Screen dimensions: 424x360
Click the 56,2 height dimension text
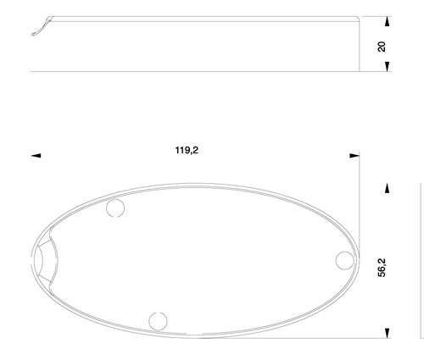382,268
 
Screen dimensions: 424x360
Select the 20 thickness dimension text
382,47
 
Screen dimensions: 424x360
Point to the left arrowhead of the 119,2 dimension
36,156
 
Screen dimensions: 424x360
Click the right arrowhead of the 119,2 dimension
354,156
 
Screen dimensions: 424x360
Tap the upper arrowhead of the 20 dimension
388,21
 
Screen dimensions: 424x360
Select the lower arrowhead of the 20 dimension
388,67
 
